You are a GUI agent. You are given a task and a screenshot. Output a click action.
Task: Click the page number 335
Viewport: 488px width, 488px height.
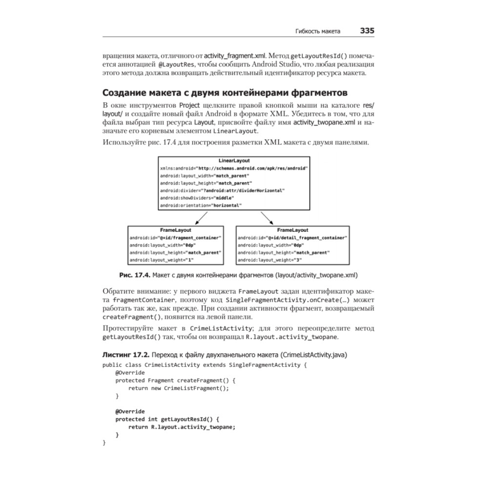click(x=367, y=31)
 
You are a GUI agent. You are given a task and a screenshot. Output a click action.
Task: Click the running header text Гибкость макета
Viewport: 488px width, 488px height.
click(x=318, y=31)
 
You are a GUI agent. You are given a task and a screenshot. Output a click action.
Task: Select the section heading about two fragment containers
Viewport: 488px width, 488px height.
click(x=224, y=92)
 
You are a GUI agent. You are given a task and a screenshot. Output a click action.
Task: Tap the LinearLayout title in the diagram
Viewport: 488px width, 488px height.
click(x=234, y=161)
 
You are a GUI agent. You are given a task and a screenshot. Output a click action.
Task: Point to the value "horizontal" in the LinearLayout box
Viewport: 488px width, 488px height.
click(x=226, y=205)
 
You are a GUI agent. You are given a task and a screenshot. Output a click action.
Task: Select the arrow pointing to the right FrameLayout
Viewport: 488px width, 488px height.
click(x=267, y=218)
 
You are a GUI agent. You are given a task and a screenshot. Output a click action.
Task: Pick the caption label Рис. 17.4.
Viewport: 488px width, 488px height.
click(x=136, y=275)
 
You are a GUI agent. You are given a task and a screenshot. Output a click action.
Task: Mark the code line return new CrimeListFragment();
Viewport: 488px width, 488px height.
click(x=179, y=388)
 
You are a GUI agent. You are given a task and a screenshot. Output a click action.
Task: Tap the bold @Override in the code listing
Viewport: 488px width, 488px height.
click(x=130, y=411)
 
